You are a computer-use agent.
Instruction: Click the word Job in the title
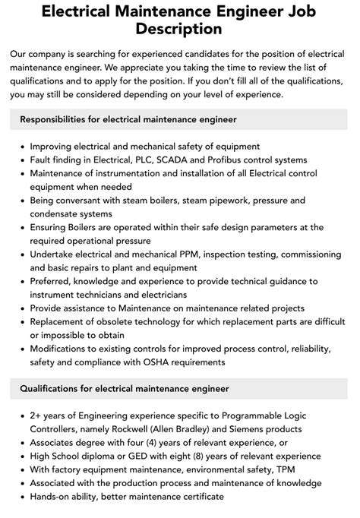[295, 11]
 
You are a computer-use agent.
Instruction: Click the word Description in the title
[180, 30]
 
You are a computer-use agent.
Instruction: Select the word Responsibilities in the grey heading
[59, 119]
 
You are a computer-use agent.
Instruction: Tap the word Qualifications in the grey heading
[53, 390]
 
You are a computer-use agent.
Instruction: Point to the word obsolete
[107, 322]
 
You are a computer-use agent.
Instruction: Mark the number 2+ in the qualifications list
[37, 415]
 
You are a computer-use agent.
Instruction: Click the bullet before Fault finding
[21, 160]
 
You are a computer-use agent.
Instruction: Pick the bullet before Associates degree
[21, 443]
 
